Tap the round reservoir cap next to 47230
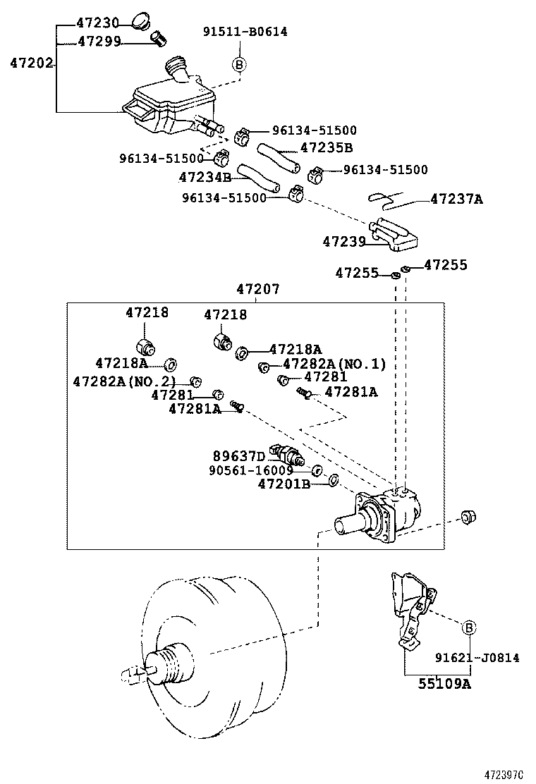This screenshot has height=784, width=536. coord(143,20)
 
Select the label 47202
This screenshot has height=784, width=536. coord(32,63)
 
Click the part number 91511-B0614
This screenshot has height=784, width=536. coord(245,32)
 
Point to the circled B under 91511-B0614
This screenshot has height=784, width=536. coord(239,65)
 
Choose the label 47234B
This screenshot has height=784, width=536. coord(205,177)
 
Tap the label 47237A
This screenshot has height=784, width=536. coord(456,199)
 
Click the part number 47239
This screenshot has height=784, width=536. coord(343,241)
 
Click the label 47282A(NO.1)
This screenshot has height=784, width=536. coord(334,364)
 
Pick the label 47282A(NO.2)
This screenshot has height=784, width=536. coord(125,381)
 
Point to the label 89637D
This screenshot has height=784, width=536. coord(239,455)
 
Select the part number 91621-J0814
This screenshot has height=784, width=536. coord(477,658)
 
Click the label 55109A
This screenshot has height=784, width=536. coord(443,683)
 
